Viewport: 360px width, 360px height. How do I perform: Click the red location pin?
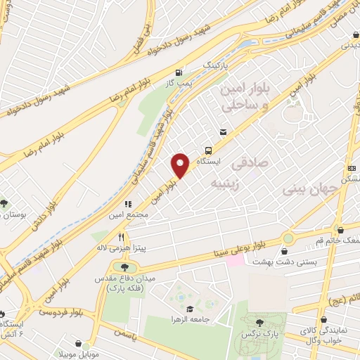181,165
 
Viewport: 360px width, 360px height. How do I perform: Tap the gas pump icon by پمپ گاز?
180,72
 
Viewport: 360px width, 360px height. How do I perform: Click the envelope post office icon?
224,131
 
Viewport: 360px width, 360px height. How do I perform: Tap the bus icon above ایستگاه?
209,150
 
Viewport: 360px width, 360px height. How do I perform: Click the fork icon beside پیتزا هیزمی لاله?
122,237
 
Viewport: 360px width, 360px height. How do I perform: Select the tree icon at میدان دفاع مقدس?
124,266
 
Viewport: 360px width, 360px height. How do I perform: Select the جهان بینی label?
307,190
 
